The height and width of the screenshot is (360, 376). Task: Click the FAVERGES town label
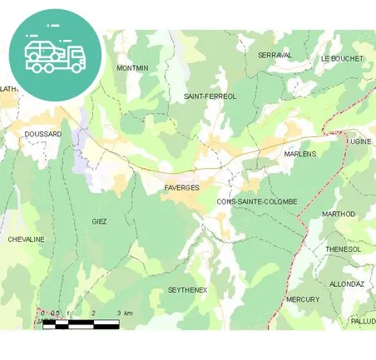click(x=181, y=188)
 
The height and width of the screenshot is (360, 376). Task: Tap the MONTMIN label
click(x=132, y=68)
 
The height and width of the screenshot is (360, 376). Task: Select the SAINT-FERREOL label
click(x=210, y=96)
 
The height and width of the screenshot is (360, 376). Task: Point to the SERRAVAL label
click(x=275, y=55)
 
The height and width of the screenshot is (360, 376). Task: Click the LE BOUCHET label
click(x=341, y=59)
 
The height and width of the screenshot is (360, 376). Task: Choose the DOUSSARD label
click(x=43, y=134)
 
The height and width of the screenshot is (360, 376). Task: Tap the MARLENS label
click(x=299, y=154)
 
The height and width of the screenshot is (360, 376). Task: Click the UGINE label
click(x=360, y=142)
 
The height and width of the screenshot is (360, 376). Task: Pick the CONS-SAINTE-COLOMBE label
click(x=256, y=201)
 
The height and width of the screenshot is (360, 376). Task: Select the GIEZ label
click(x=99, y=221)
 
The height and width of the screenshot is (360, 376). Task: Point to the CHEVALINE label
click(x=26, y=239)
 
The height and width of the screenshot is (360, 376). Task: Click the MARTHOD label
click(x=338, y=214)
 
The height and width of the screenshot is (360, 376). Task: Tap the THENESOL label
click(x=343, y=249)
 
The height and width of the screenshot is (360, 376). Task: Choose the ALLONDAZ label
click(x=347, y=284)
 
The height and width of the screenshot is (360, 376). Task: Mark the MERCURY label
click(x=302, y=298)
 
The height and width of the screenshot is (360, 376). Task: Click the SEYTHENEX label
click(x=187, y=289)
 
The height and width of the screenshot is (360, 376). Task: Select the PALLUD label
click(x=363, y=320)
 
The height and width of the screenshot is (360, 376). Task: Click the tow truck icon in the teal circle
click(x=55, y=54)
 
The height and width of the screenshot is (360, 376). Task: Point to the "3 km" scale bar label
click(x=124, y=313)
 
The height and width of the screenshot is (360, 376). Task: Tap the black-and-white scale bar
click(x=81, y=323)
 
